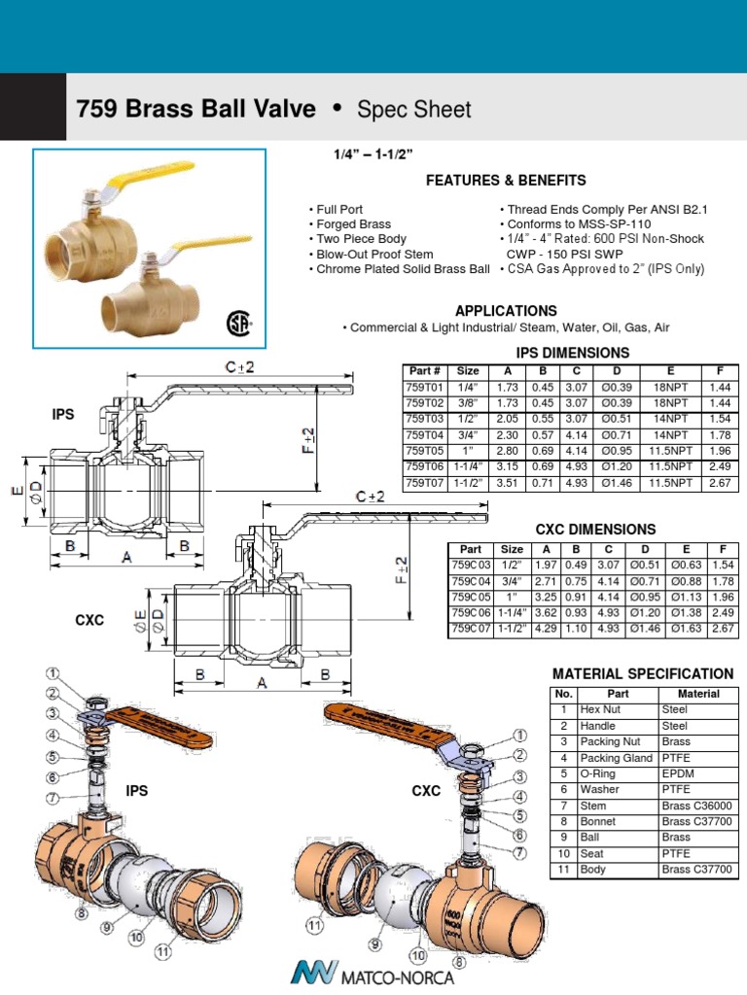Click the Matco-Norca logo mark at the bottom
click(x=311, y=972)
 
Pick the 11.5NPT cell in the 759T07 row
click(x=671, y=481)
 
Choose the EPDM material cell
click(x=675, y=773)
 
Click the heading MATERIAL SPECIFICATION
click(x=643, y=673)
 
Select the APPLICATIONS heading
click(x=506, y=311)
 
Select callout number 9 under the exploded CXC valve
click(x=373, y=942)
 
